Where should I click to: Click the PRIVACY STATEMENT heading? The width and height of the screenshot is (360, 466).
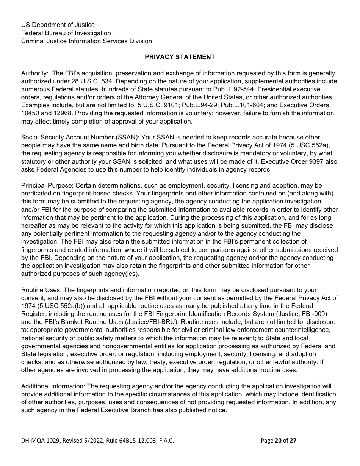pos(180,57)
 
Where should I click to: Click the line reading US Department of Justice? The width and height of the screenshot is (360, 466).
pos(58,25)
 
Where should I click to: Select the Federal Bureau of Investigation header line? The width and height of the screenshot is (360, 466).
pos(66,33)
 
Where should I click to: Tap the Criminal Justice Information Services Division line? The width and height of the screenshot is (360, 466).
pos(86,41)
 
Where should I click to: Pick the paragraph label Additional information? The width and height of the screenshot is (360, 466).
pos(53,386)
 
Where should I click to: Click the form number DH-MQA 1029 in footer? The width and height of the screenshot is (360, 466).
pos(40,440)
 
